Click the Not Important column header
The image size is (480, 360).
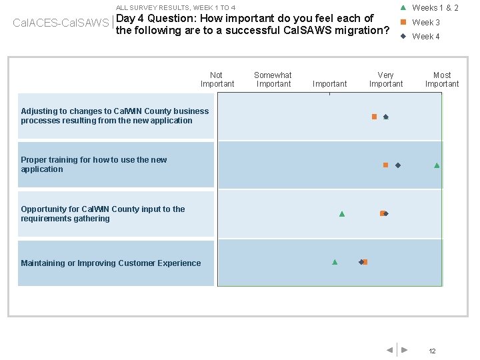point(217,79)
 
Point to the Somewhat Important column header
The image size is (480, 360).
point(273,79)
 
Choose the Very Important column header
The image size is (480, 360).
point(385,79)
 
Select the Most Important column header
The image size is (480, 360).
point(441,79)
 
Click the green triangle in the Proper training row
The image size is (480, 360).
point(437,165)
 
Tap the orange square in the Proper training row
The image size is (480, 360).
point(385,165)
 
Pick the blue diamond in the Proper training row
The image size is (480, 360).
point(398,165)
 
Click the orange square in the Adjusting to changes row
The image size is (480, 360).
point(374,117)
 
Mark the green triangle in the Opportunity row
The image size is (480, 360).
point(342,214)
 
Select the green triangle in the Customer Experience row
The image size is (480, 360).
point(335,262)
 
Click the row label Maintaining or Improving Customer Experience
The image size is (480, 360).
point(111,263)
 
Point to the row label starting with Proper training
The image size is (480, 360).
point(94,165)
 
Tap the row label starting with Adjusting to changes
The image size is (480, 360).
point(115,116)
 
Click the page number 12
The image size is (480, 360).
point(432,351)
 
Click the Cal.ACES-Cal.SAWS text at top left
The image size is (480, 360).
point(61,23)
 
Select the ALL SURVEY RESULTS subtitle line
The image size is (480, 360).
point(175,7)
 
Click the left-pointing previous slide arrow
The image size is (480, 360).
point(389,350)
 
